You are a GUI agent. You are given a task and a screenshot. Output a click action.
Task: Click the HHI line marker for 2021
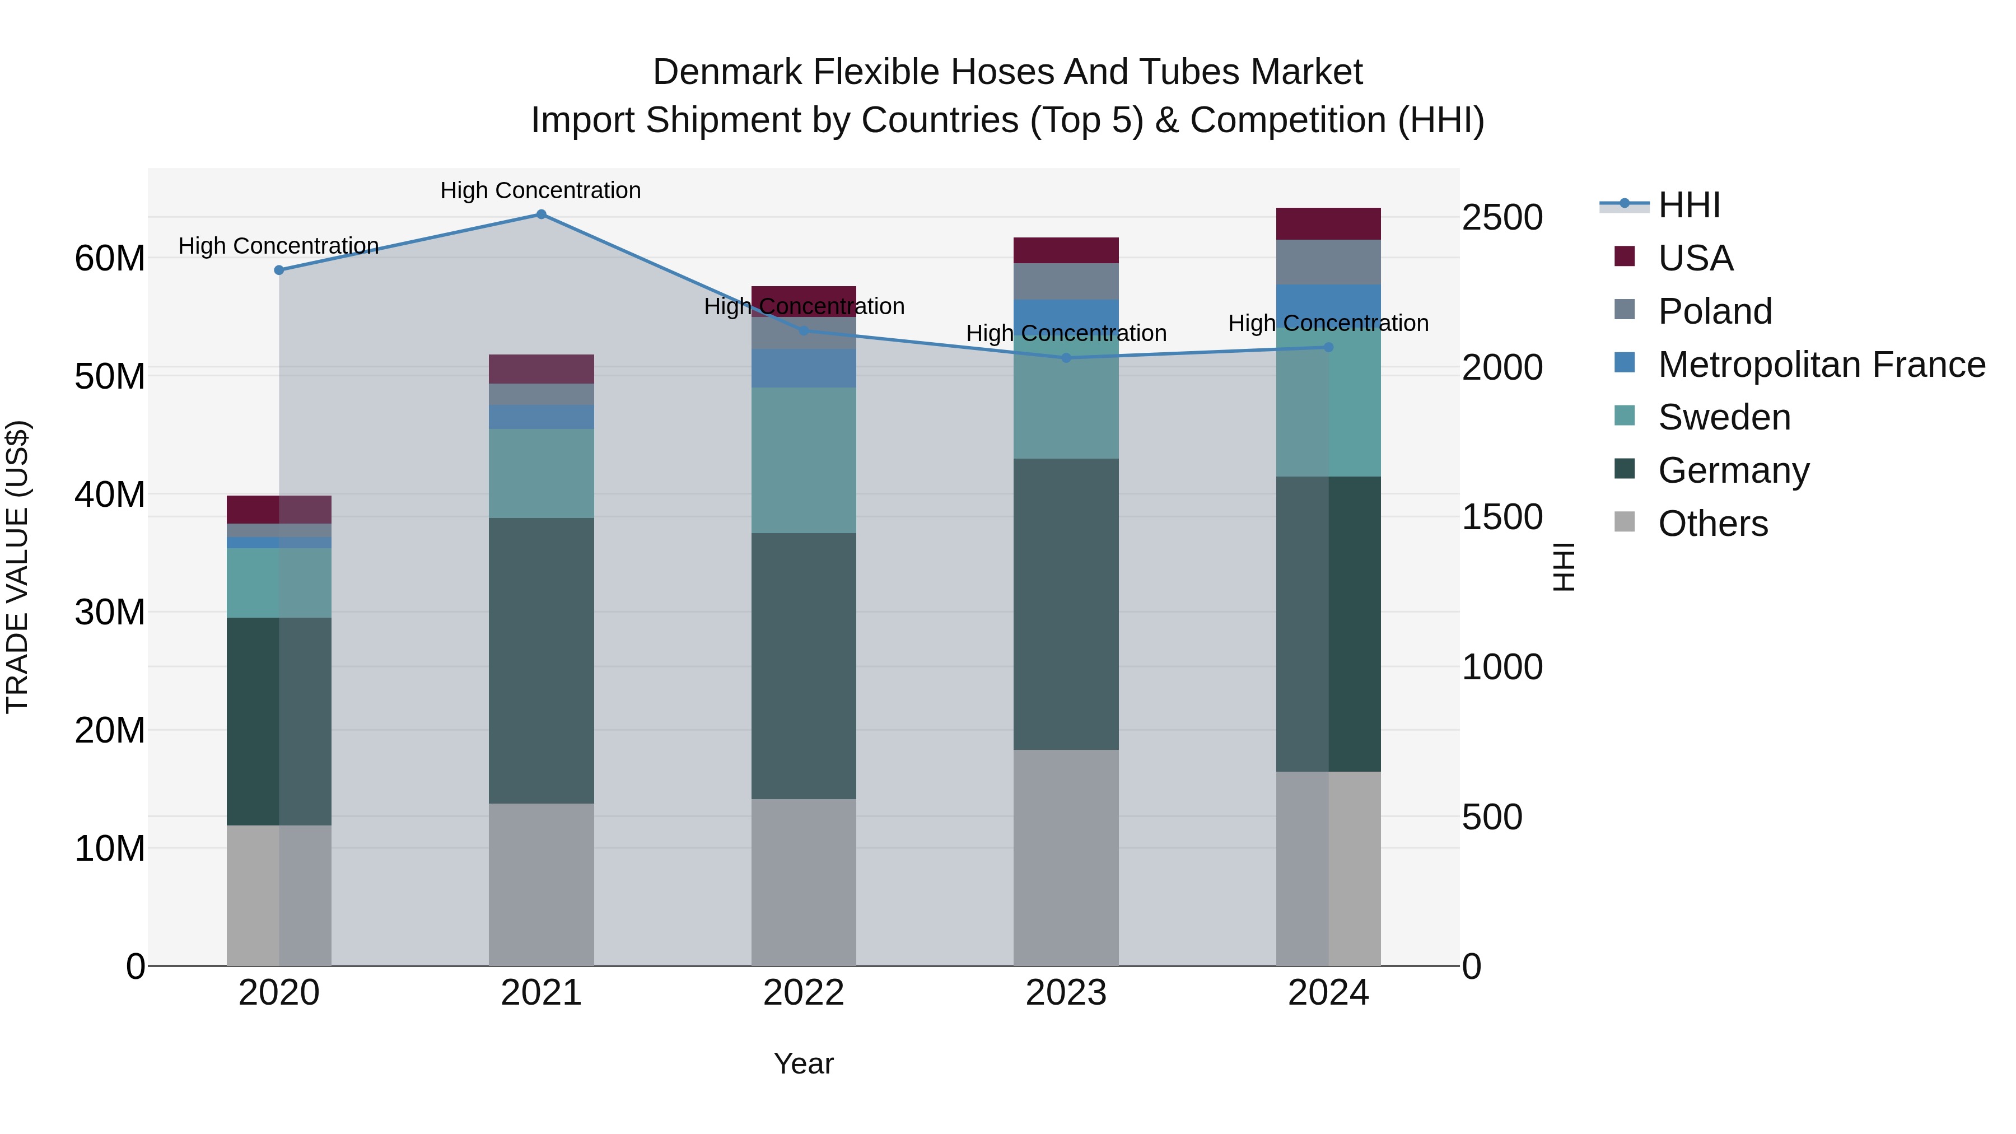click(541, 214)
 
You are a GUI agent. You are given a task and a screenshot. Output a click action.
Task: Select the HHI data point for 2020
click(279, 270)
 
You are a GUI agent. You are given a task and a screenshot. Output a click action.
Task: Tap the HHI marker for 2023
click(1066, 358)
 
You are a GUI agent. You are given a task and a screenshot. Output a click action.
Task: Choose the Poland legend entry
click(1715, 311)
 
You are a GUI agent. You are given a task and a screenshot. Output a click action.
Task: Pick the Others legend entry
click(1712, 524)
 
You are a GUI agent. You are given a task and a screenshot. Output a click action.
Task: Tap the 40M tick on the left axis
click(110, 494)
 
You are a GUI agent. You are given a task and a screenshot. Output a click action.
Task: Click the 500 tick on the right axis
click(1492, 817)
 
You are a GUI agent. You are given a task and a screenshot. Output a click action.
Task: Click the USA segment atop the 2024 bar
click(1328, 224)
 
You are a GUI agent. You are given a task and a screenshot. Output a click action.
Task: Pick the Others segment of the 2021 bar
click(541, 884)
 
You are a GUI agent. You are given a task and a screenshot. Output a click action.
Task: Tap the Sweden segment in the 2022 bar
click(803, 460)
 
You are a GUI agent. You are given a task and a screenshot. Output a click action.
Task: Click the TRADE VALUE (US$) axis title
click(17, 567)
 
